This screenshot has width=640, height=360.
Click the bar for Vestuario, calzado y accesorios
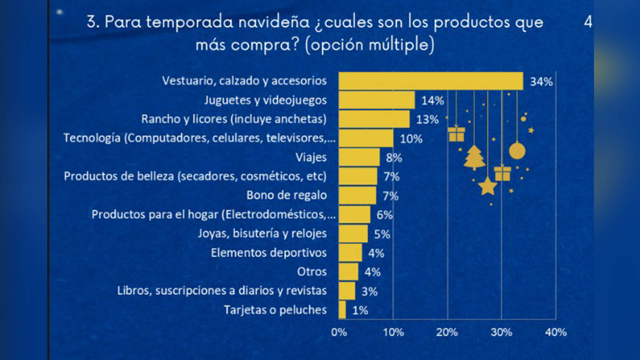pyautogui.click(x=430, y=81)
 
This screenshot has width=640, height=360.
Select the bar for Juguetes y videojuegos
pyautogui.click(x=376, y=100)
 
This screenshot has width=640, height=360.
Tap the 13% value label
pyautogui.click(x=427, y=119)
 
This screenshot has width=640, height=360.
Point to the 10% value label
pyautogui.click(x=411, y=139)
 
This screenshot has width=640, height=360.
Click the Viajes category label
pyautogui.click(x=311, y=157)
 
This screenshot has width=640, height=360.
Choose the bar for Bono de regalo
pyautogui.click(x=357, y=195)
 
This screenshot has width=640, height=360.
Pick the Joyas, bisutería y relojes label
pyautogui.click(x=262, y=233)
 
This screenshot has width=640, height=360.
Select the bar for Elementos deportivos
pyautogui.click(x=350, y=253)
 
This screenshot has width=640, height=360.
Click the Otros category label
pyautogui.click(x=312, y=272)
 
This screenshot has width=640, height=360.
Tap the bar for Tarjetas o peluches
pyautogui.click(x=342, y=310)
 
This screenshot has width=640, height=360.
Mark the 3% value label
pyautogui.click(x=369, y=291)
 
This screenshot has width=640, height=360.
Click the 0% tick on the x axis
pyautogui.click(x=339, y=332)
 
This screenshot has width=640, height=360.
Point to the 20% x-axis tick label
pyautogui.click(x=447, y=332)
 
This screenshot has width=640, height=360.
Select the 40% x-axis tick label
pyautogui.click(x=556, y=332)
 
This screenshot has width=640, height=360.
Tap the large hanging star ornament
pyautogui.click(x=488, y=186)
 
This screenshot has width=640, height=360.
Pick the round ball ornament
pyautogui.click(x=517, y=151)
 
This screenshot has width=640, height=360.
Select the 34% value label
pyautogui.click(x=541, y=82)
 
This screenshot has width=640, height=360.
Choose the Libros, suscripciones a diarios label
pyautogui.click(x=222, y=290)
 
